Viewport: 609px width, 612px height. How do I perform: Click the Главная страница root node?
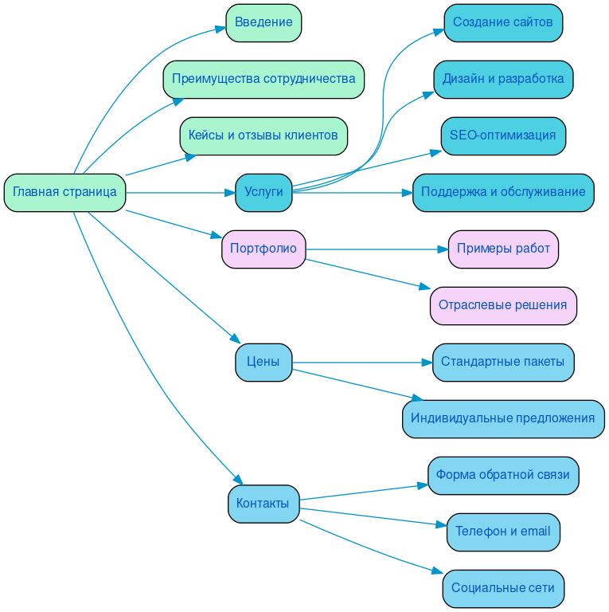(64, 192)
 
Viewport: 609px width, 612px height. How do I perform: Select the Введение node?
(264, 22)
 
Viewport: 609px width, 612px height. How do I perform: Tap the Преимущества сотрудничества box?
(264, 79)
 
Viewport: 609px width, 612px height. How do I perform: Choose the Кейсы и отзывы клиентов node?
(264, 135)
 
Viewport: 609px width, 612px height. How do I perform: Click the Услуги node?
(264, 192)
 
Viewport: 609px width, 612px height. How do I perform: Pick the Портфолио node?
(264, 249)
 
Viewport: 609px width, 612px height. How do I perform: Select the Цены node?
(264, 362)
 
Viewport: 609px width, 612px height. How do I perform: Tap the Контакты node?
(264, 504)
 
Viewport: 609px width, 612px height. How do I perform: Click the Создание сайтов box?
(503, 22)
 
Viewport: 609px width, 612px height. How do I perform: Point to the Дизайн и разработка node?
(503, 79)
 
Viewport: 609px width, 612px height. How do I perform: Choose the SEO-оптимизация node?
(503, 135)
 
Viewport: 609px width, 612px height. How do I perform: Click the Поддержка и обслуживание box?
(503, 192)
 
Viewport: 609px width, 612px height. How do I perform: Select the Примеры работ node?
(503, 249)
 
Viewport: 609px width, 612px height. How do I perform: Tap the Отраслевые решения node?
(503, 305)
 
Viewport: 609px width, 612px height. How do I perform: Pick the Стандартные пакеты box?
(503, 362)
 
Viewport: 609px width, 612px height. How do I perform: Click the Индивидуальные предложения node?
(503, 418)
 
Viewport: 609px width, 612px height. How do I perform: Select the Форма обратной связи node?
(503, 475)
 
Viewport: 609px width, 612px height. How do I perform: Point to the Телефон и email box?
(503, 532)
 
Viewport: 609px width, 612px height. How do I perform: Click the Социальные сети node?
(503, 588)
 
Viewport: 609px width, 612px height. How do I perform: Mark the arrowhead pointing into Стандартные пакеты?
(426, 362)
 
